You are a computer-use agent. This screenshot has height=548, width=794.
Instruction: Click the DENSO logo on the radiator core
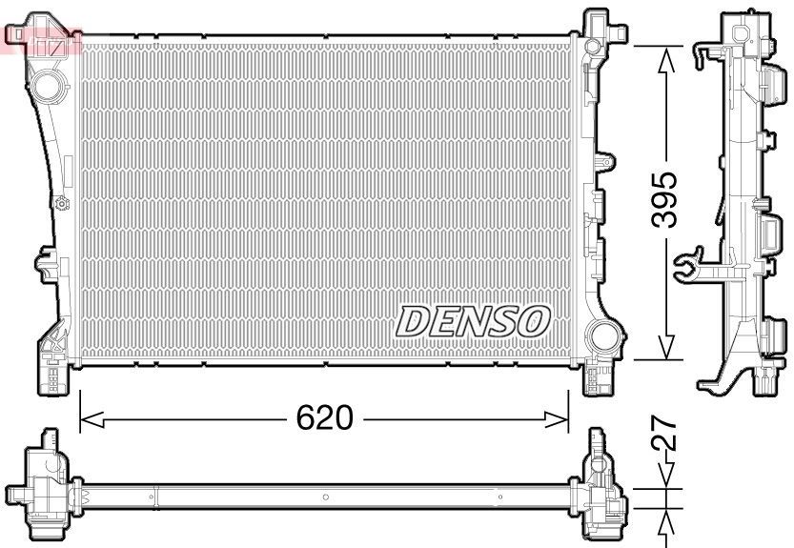point(473,321)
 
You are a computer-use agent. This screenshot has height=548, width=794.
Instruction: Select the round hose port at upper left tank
point(46,87)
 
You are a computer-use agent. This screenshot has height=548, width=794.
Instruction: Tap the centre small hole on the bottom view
point(325,497)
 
